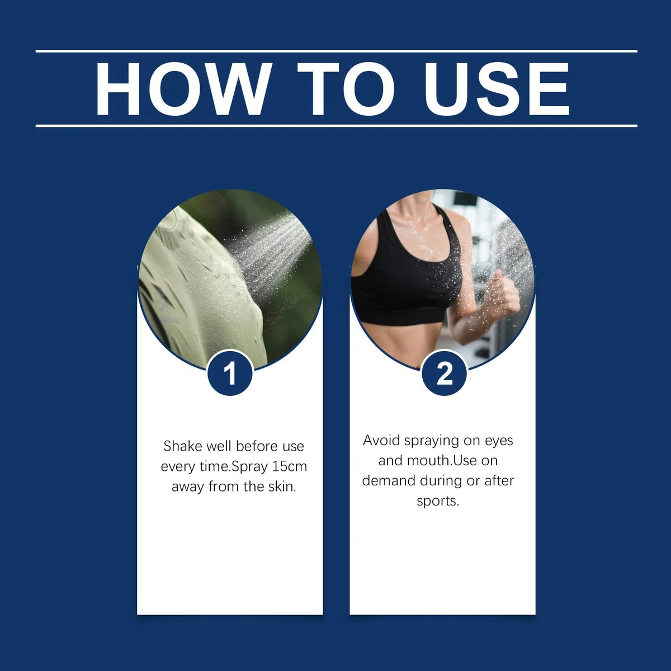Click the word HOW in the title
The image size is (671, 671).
coord(183,89)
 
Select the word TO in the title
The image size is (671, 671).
coord(346,89)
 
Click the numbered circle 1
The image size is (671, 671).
coord(230,374)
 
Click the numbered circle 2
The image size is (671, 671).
coord(444,374)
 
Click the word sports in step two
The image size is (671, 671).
coord(437,502)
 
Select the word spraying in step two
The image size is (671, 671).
coord(432,441)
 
